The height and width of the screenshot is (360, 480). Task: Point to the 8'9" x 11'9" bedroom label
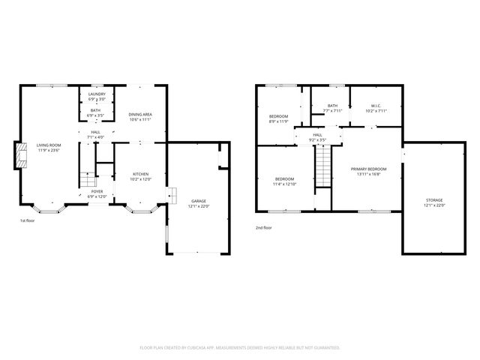click(278, 118)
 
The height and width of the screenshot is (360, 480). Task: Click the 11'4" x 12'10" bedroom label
click(285, 181)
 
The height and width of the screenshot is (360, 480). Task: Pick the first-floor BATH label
click(96, 112)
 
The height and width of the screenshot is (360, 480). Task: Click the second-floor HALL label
click(317, 136)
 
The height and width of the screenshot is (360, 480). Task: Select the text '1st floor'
click(28, 220)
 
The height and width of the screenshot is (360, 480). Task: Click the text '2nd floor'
click(264, 227)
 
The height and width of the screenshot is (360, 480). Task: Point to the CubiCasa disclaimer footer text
click(240, 347)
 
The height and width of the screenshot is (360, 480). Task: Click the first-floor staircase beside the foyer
click(88, 178)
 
